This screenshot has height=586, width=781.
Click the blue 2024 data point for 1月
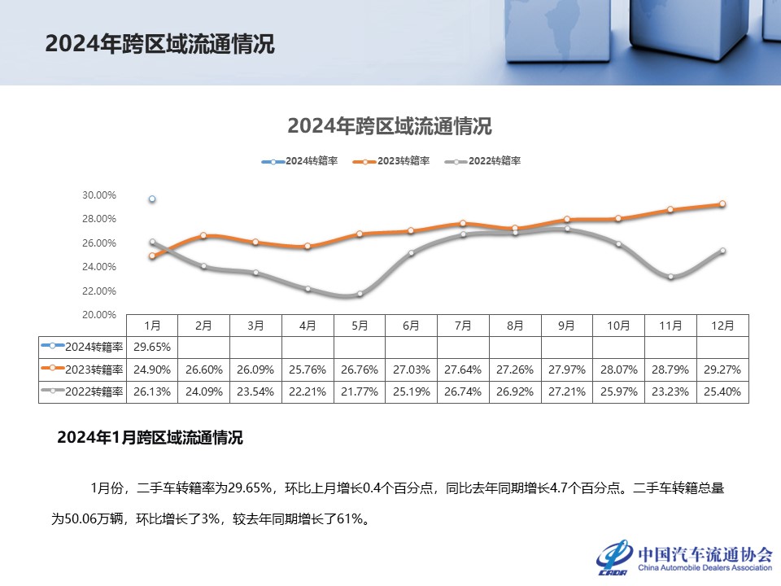coord(152,199)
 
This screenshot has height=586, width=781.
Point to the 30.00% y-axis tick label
coord(99,195)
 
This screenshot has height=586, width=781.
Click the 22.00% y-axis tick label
coord(99,291)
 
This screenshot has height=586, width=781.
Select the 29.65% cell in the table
coord(152,347)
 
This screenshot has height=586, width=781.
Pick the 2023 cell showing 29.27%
coord(722,370)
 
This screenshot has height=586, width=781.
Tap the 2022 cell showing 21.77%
coord(360,391)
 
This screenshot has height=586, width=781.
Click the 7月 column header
coord(463,325)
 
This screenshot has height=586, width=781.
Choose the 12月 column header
coord(722,325)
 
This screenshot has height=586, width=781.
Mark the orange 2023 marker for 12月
coord(722,204)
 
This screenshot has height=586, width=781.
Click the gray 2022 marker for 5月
coord(360,294)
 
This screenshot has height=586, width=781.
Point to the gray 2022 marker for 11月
coord(670,277)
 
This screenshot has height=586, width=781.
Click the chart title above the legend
coord(390,127)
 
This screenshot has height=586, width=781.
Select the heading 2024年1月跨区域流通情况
coord(150,438)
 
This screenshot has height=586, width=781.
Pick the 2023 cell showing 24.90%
coord(152,370)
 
